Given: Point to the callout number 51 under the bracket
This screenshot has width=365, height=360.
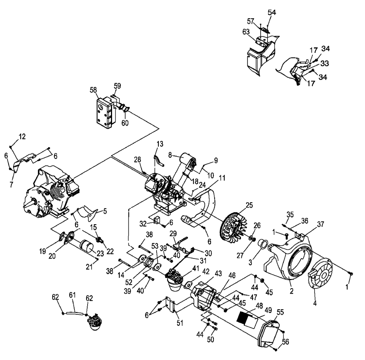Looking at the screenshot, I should point(180,322).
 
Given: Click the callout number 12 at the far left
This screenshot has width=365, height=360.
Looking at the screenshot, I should point(22,137).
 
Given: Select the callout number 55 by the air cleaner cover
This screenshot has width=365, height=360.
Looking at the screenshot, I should point(280,313).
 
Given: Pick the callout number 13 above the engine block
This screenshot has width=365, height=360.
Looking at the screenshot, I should point(160,143).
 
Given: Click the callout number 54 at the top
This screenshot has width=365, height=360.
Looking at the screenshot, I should point(272,13).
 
